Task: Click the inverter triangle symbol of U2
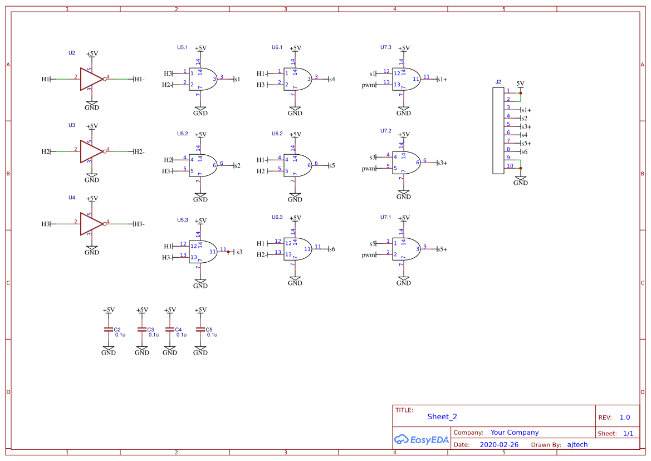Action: (x=90, y=79)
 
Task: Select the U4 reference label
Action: (x=71, y=198)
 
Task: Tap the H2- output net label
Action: (x=139, y=151)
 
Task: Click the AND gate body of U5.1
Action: (x=202, y=79)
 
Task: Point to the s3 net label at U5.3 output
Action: (x=239, y=252)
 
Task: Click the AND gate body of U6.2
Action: (x=296, y=165)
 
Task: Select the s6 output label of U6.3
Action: (x=332, y=249)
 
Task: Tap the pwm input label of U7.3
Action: (x=368, y=85)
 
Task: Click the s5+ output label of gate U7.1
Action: (x=442, y=249)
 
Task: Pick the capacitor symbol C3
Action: (x=142, y=330)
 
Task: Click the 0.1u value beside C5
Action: (x=212, y=335)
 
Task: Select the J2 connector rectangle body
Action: (x=498, y=131)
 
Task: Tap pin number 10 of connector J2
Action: (x=510, y=165)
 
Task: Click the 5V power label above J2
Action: (x=520, y=84)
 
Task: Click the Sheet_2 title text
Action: (x=442, y=416)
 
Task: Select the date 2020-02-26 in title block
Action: (x=498, y=445)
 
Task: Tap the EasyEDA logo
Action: (x=421, y=440)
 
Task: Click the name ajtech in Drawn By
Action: (x=577, y=445)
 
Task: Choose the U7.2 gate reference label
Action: (x=386, y=131)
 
